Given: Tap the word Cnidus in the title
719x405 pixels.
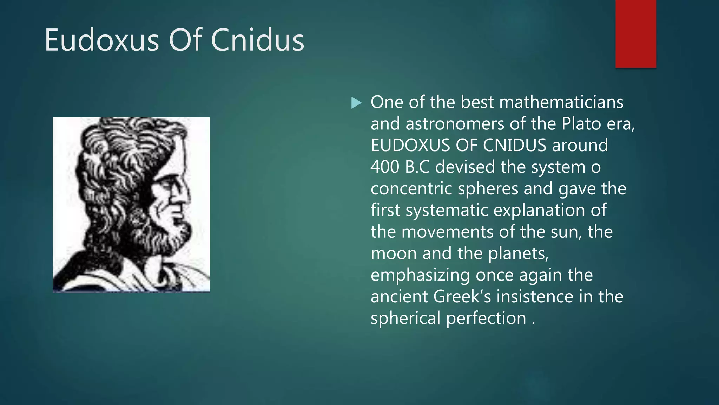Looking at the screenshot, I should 257,40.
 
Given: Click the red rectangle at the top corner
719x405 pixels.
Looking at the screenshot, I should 635,33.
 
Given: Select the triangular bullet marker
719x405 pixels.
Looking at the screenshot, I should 356,103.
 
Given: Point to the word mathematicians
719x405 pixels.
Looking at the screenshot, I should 561,102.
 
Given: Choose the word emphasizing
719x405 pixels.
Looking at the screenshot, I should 420,276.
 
